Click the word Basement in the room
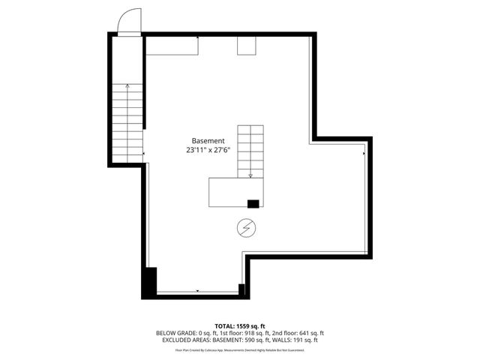(x=208, y=141)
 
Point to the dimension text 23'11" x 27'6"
(x=208, y=150)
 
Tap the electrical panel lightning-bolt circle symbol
(x=245, y=227)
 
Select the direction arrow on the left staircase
(x=127, y=88)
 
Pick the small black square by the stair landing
(x=253, y=203)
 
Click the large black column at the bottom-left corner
(x=150, y=282)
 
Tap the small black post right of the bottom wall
(x=241, y=289)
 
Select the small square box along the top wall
(x=247, y=46)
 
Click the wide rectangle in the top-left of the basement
(x=172, y=46)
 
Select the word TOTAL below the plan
(x=224, y=325)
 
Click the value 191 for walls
(x=298, y=340)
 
